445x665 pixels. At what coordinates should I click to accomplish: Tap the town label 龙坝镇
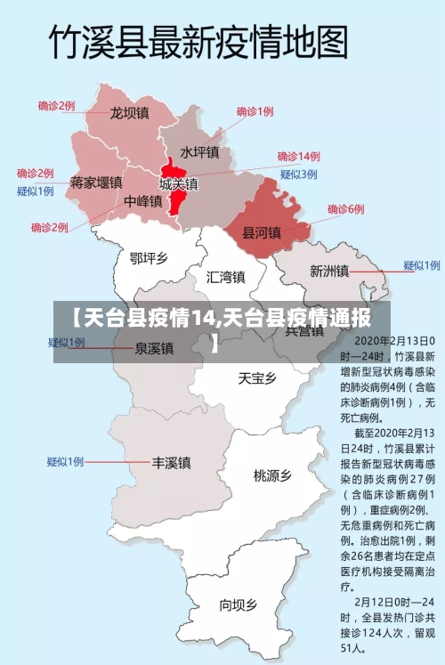[x=129, y=113]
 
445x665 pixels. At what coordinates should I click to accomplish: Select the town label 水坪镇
[x=198, y=152]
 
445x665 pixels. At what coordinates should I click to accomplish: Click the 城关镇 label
[x=179, y=184]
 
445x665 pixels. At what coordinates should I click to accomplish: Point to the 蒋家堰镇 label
[x=96, y=182]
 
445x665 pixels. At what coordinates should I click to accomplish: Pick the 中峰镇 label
[x=142, y=201]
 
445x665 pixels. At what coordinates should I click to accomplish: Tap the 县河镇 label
[x=262, y=233]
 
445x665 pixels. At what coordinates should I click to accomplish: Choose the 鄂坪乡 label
[x=149, y=258]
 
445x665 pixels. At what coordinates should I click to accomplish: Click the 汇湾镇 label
[x=225, y=276]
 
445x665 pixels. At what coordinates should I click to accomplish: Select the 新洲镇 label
[x=328, y=271]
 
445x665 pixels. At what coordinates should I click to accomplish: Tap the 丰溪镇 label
[x=171, y=463]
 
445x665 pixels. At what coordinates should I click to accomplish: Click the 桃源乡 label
[x=272, y=475]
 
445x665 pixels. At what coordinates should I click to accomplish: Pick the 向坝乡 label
[x=238, y=605]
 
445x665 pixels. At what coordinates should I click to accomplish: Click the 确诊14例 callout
[x=298, y=156]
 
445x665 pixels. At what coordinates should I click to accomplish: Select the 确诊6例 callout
[x=346, y=209]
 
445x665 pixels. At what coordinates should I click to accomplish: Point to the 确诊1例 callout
[x=255, y=111]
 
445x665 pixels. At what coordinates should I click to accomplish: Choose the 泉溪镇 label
[x=154, y=348]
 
